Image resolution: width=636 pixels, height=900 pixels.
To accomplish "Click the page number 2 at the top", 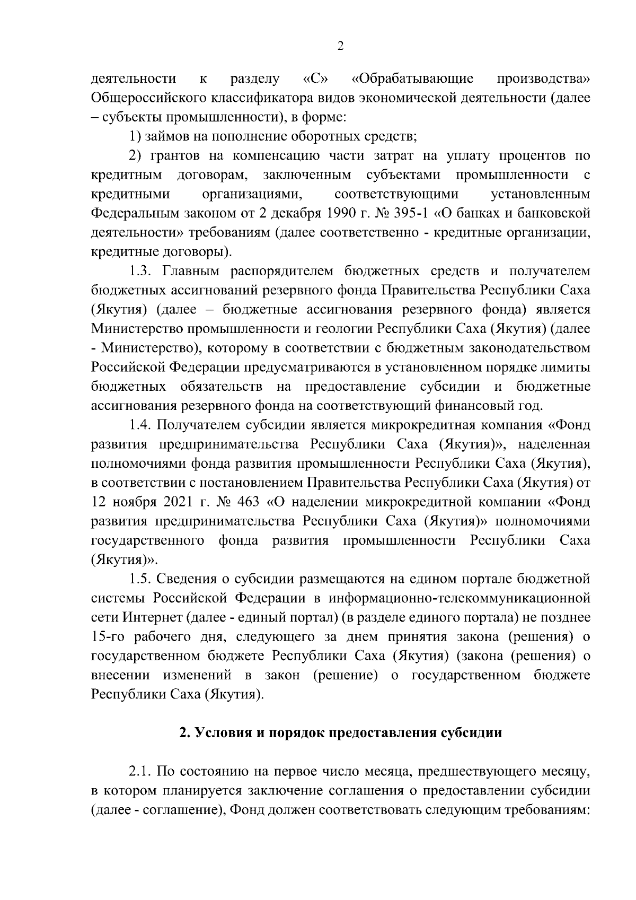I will coord(340,47).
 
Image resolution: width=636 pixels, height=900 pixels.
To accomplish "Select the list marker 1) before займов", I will coord(135,136).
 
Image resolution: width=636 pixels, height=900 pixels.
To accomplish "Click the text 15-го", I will coord(106,636).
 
